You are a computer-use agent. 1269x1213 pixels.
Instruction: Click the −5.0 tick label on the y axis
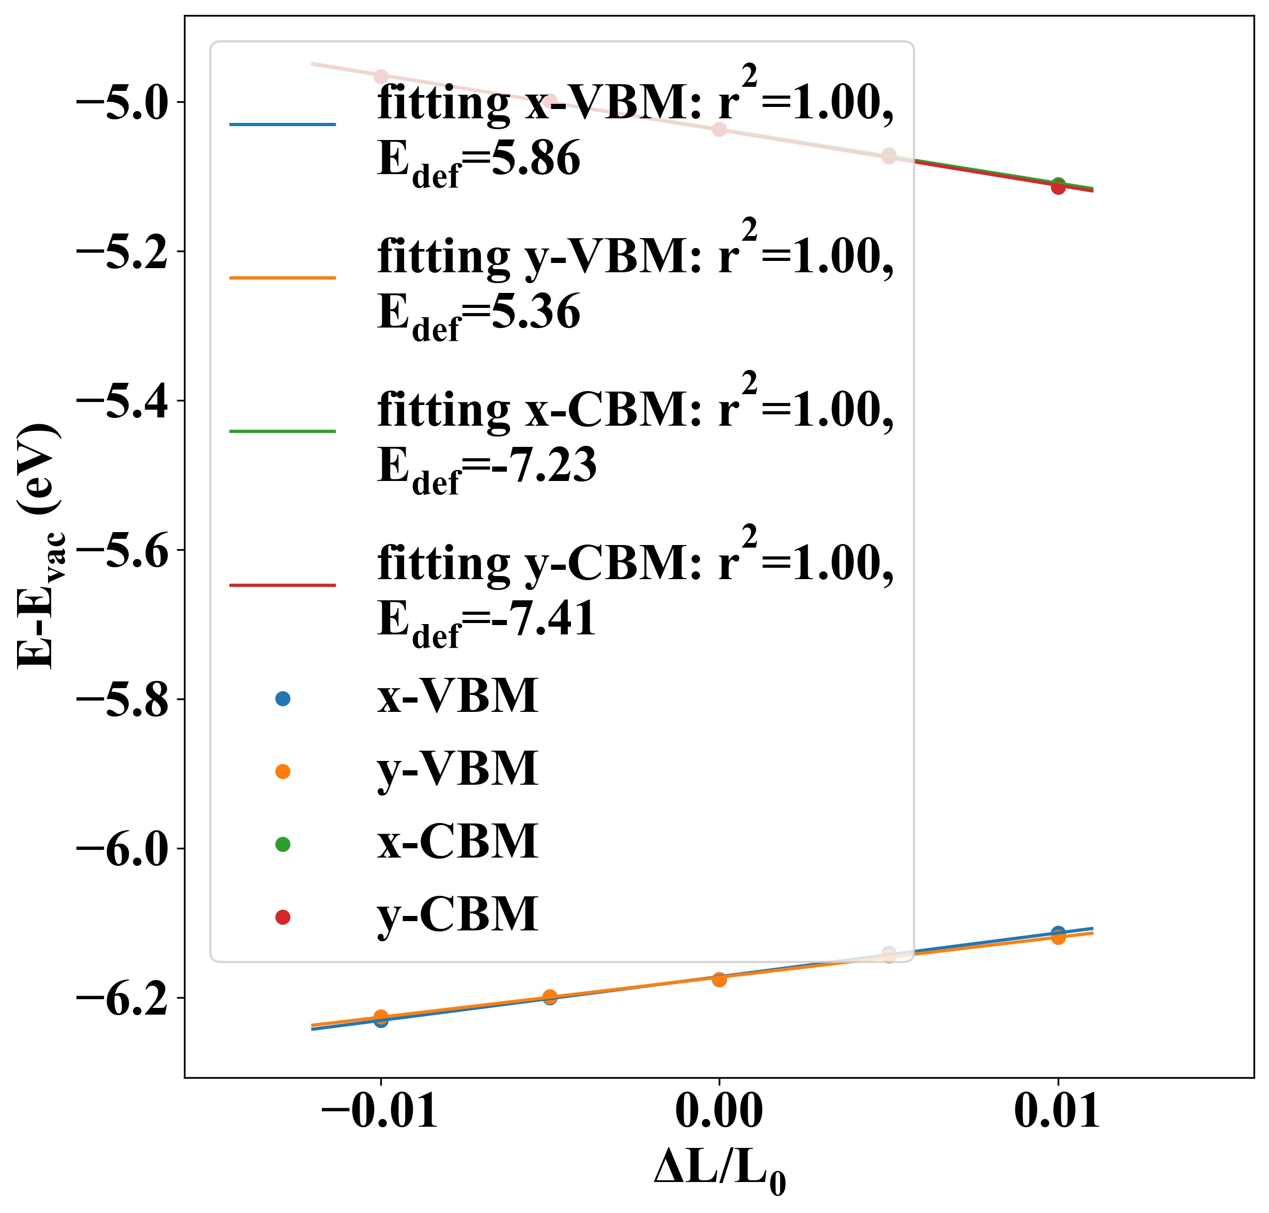click(123, 103)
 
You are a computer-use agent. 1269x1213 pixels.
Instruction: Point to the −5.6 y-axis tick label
click(123, 551)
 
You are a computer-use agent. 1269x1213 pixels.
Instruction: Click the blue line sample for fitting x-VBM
click(283, 124)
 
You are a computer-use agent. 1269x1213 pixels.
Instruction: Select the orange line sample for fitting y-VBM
click(283, 278)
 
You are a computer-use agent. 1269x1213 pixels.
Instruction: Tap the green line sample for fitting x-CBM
click(283, 431)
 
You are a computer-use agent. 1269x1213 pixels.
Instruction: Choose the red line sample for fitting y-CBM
click(283, 585)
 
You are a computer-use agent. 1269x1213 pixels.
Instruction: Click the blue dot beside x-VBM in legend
click(283, 698)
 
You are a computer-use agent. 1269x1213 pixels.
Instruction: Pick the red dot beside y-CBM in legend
click(283, 917)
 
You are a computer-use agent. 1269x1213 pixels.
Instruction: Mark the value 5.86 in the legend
click(535, 159)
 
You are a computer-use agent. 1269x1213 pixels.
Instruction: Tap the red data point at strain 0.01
click(1058, 188)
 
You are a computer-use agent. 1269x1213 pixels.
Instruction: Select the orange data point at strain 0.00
click(719, 979)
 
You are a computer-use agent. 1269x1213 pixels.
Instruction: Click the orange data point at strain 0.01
click(1058, 938)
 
